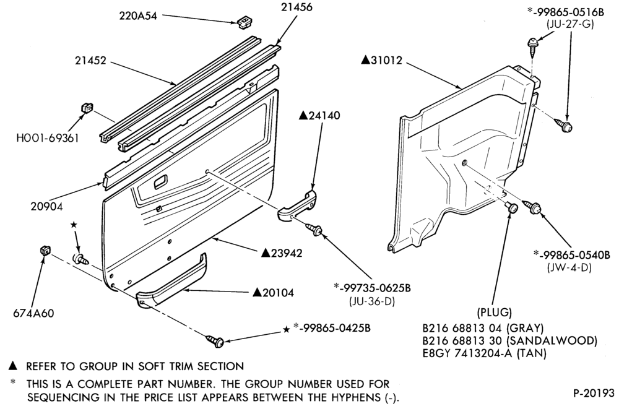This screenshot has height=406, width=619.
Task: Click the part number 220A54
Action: point(138,16)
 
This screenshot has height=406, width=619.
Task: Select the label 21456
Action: point(297,7)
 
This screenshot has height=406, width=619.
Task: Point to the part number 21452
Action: point(91,61)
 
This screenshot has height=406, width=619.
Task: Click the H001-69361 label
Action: point(48,137)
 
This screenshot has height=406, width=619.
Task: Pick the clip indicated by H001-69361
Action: point(87,107)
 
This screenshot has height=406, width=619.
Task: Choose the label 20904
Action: point(46,206)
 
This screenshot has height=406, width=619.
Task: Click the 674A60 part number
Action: point(33,313)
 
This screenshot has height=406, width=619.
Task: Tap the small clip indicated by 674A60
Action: point(46,251)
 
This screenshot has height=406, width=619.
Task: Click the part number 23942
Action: point(287,253)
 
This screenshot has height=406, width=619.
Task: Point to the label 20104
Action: point(278,292)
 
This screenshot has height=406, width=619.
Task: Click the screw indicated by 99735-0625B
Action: point(314,229)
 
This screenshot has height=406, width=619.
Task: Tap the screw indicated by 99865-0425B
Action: point(215,340)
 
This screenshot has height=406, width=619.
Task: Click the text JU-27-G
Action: point(570,24)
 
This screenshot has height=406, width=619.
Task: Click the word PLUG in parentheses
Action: point(495,313)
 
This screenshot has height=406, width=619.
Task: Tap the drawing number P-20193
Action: point(594,393)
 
